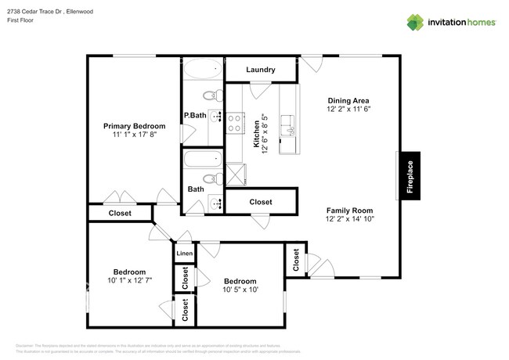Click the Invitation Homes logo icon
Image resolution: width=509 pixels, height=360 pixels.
click(x=415, y=21)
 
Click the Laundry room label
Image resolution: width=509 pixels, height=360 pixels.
click(x=260, y=70)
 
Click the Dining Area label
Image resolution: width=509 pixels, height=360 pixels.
click(x=348, y=100)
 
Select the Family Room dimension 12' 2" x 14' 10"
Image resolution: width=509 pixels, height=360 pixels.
click(x=349, y=219)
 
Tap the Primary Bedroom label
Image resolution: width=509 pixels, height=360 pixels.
click(x=135, y=126)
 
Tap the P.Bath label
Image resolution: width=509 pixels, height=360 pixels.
click(x=194, y=116)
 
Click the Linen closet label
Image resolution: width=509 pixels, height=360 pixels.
click(x=184, y=254)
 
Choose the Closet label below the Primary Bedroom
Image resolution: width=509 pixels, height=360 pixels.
click(x=120, y=213)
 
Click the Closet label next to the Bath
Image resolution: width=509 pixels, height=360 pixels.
click(x=261, y=202)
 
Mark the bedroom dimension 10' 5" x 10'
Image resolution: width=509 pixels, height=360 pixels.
click(x=240, y=290)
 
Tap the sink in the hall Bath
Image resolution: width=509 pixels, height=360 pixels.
click(x=215, y=205)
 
